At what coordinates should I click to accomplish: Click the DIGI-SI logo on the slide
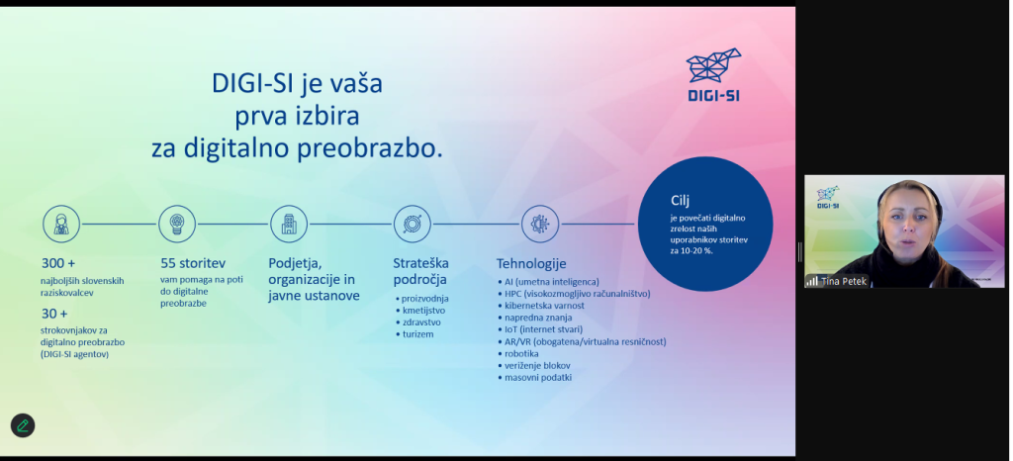(713, 74)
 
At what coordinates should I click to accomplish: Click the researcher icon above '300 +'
(61, 224)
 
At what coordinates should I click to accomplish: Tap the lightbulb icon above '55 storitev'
(177, 224)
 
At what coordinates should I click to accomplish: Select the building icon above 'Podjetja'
(289, 224)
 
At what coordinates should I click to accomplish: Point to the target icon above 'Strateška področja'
(413, 224)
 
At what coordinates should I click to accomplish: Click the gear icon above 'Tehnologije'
(540, 224)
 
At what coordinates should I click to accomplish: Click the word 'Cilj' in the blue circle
(681, 200)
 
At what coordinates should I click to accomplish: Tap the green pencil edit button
(23, 425)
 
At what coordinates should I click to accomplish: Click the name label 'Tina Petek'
(845, 282)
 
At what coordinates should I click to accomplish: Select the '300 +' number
(58, 263)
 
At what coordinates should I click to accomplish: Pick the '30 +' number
(54, 314)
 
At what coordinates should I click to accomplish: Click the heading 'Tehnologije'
(531, 263)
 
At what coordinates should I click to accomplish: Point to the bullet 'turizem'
(417, 334)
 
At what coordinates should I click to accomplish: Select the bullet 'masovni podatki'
(538, 378)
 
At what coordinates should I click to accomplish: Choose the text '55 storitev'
(193, 263)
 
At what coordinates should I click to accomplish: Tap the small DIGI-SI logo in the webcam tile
(828, 198)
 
